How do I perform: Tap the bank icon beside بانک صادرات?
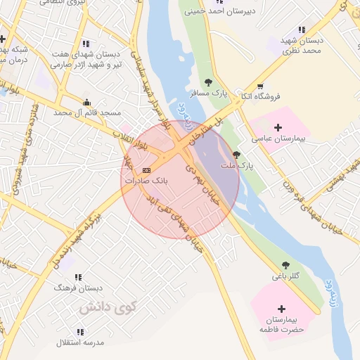pyautogui.click(x=146, y=170)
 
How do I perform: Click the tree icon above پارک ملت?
pyautogui.click(x=236, y=155)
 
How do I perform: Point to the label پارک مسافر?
pyautogui.click(x=209, y=93)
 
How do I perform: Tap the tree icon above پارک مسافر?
pyautogui.click(x=208, y=82)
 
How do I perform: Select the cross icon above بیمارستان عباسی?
pyautogui.click(x=279, y=127)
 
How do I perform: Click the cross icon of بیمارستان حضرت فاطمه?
pyautogui.click(x=282, y=309)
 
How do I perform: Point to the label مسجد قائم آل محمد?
pyautogui.click(x=89, y=112)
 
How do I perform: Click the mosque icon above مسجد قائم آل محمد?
pyautogui.click(x=86, y=101)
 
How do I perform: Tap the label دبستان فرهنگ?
pyautogui.click(x=79, y=288)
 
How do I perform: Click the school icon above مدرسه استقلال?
pyautogui.click(x=79, y=331)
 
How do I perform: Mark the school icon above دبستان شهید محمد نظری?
pyautogui.click(x=302, y=30)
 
